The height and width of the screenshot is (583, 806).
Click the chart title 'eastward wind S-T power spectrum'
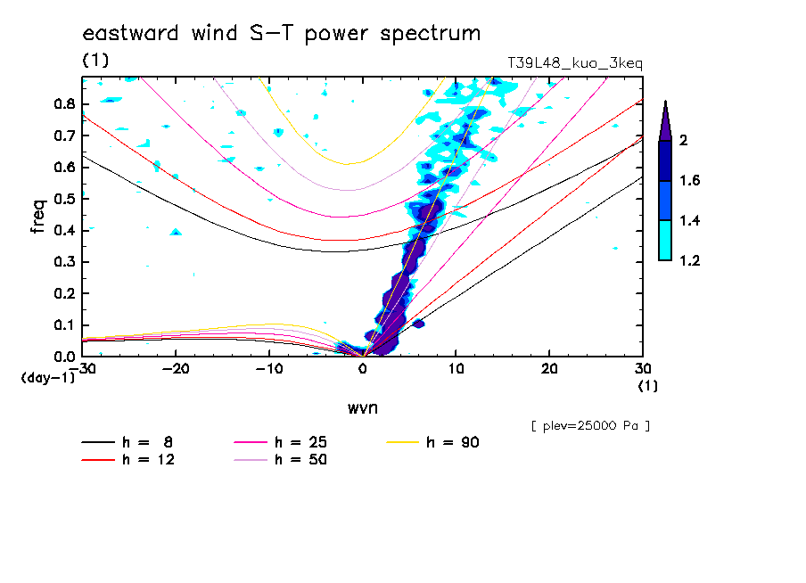pyautogui.click(x=281, y=34)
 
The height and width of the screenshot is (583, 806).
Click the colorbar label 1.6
pyautogui.click(x=689, y=181)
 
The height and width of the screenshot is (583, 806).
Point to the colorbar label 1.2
pyautogui.click(x=689, y=260)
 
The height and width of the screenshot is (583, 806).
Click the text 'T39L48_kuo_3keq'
pyautogui.click(x=574, y=63)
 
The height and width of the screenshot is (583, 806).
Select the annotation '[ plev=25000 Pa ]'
pyautogui.click(x=589, y=426)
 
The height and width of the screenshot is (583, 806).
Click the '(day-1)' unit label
pyautogui.click(x=47, y=378)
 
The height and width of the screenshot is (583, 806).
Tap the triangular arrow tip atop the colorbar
pyautogui.click(x=664, y=119)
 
